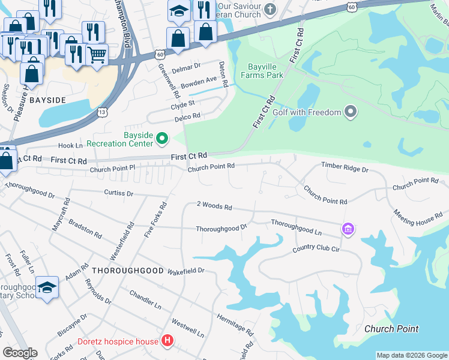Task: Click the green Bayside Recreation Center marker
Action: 161,139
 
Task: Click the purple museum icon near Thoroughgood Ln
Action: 348,229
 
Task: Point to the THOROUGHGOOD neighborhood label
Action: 127,271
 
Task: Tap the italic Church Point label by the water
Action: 391,329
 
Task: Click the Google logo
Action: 20,353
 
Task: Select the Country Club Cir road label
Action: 316,249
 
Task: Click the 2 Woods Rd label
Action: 214,206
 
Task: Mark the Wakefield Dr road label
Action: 186,271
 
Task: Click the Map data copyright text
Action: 412,355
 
